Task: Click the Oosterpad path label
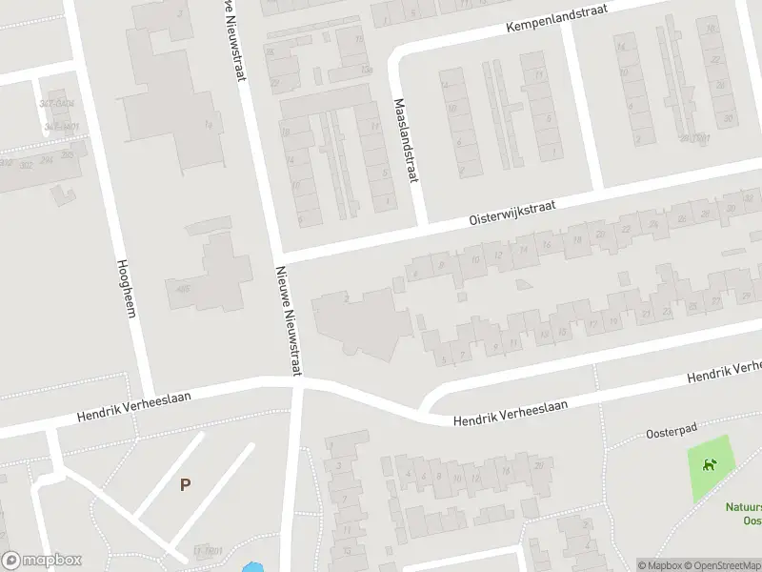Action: pyautogui.click(x=667, y=431)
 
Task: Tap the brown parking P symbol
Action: pyautogui.click(x=185, y=484)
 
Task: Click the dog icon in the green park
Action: pyautogui.click(x=709, y=466)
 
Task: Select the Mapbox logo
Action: pyautogui.click(x=42, y=560)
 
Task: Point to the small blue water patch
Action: pyautogui.click(x=252, y=567)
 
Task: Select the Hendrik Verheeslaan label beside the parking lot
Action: pyautogui.click(x=134, y=407)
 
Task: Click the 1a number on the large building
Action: pyautogui.click(x=208, y=124)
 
